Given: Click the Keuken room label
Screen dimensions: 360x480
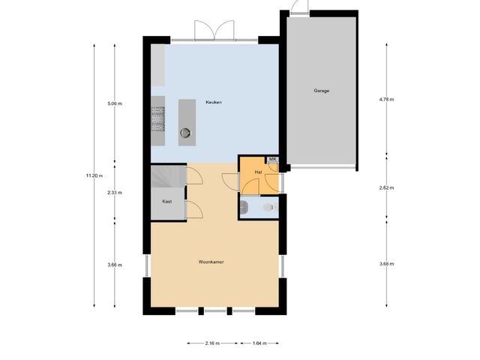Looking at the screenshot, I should (x=214, y=102).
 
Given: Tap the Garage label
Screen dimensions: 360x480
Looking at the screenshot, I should (x=321, y=91).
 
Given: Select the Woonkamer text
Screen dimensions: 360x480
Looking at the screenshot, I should (x=212, y=262).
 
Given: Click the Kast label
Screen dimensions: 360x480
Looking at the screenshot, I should (x=167, y=202).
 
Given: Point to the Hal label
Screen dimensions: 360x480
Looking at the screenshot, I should (x=258, y=172).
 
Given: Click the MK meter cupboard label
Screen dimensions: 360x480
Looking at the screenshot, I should (x=272, y=160).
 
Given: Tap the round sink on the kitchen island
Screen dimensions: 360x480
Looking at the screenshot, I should (x=185, y=135).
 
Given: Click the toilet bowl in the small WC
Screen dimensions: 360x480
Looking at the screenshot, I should (x=268, y=208).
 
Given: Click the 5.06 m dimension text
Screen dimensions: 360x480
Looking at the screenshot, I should (x=114, y=104).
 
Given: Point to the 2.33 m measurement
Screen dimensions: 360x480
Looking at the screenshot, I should (x=114, y=193).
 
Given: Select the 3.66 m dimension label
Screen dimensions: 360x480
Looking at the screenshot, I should (x=114, y=265).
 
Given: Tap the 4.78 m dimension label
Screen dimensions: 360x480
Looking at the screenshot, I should (x=386, y=99).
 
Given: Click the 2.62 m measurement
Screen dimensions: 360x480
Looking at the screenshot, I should (x=386, y=187).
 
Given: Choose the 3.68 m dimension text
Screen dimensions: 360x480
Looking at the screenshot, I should (x=386, y=264).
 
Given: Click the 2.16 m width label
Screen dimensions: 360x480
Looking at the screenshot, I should (x=212, y=343).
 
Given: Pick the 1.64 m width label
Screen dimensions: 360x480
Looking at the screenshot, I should (x=259, y=343).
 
